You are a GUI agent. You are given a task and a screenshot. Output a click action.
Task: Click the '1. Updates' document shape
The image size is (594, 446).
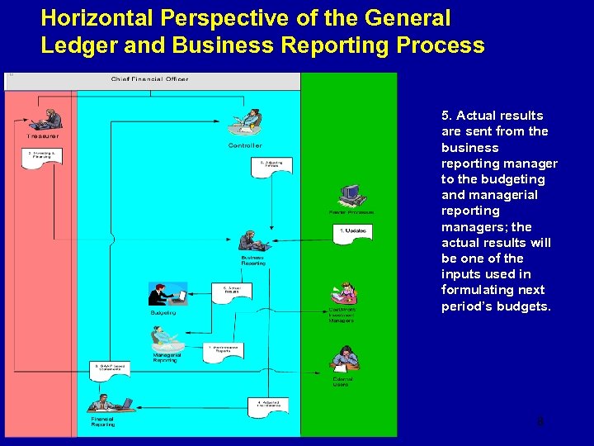[x=354, y=232]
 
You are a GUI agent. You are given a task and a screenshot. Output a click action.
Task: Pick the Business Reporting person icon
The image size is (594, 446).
[x=252, y=241]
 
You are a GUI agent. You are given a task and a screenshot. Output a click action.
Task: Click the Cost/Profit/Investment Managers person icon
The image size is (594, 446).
[x=343, y=294]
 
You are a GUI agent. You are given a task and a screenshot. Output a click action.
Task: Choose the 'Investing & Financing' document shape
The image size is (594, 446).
[x=42, y=158]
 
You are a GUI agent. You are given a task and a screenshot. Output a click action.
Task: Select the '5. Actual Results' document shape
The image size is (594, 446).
[x=232, y=292]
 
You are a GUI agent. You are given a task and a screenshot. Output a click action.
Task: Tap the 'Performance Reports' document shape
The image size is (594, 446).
[x=224, y=352]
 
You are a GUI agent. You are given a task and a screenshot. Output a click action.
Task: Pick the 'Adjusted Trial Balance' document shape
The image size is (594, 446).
[x=268, y=406]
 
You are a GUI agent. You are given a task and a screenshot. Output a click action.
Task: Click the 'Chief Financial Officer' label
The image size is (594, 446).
[x=149, y=79]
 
